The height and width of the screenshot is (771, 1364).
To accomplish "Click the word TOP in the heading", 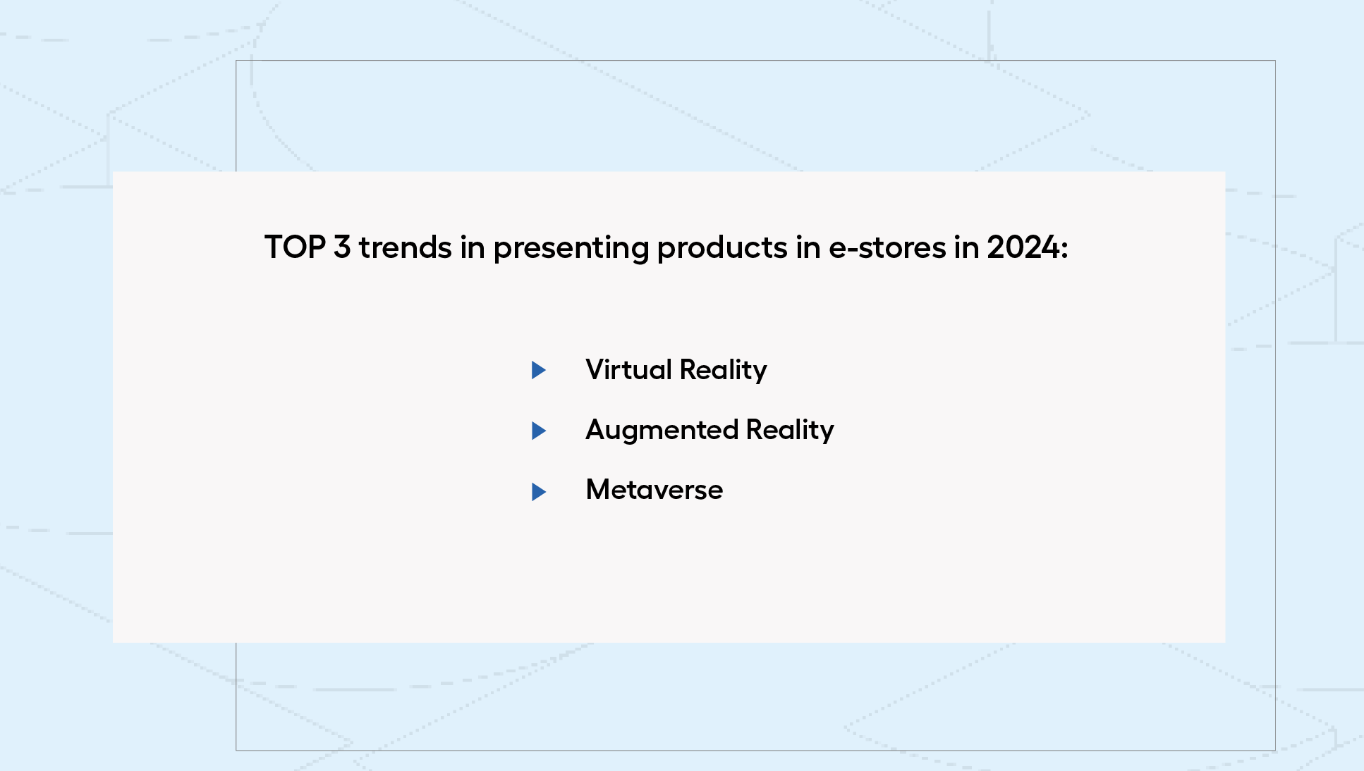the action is pos(295,247).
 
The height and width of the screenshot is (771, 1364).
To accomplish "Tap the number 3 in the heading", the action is pos(342,247).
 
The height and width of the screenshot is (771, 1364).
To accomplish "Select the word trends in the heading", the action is pos(406,247).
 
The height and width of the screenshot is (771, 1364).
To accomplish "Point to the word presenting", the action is pos(571,249).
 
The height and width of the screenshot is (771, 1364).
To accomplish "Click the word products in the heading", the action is pos(722,249).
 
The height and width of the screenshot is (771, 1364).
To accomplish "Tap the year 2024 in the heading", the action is pos(1023,247).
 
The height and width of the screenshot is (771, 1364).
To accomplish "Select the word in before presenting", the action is pos(473,247).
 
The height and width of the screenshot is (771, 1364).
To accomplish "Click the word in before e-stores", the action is pos(808,247).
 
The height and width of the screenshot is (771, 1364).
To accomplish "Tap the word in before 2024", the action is pos(966,247).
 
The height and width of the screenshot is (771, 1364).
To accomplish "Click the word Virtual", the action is pos(628,369).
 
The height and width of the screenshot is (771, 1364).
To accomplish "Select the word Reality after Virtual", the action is pos(723,371).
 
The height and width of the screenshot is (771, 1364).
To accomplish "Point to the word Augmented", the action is pos(662,431).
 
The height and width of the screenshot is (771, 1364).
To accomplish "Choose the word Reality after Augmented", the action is pos(790,431).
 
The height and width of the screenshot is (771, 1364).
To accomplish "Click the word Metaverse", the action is pos(654,490).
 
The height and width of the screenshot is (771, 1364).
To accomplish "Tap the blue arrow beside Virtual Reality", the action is pos(539,370).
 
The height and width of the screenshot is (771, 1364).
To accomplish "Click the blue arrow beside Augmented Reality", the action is pos(539,431).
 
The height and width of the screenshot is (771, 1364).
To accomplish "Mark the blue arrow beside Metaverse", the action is pos(539,492).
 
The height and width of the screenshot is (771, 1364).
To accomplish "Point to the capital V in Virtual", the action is pos(595,369).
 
